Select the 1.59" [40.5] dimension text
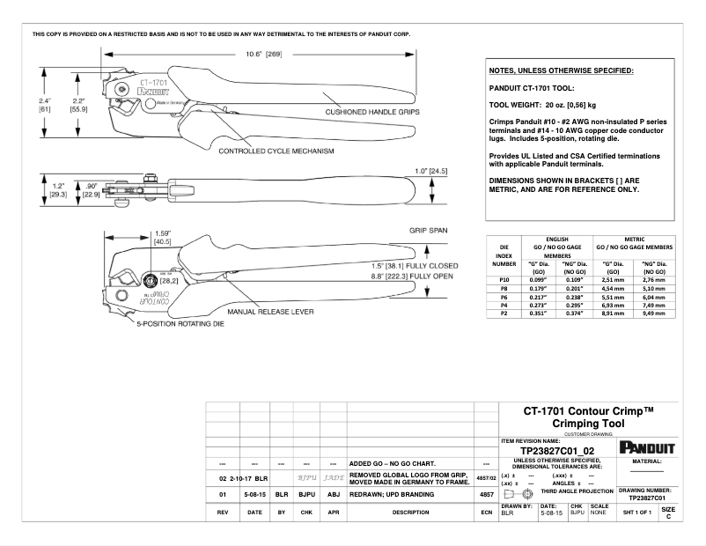(162, 238)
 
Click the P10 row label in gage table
(504, 279)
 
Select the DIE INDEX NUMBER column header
(504, 255)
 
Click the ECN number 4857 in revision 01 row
(485, 495)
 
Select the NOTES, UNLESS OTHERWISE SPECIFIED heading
(561, 70)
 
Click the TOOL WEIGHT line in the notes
(542, 105)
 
